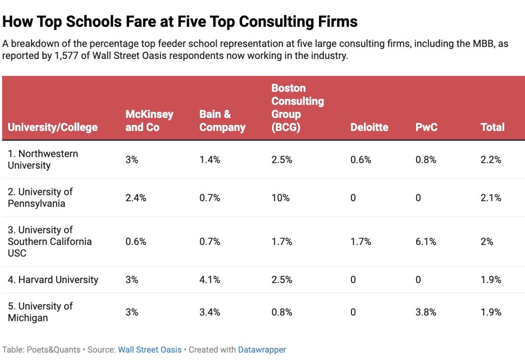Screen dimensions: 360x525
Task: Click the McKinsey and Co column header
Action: click(149, 121)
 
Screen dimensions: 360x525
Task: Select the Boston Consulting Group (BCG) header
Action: click(297, 108)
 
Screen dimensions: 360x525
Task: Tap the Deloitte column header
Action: click(369, 127)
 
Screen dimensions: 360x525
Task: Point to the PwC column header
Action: click(426, 127)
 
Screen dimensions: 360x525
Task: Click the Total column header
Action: click(492, 127)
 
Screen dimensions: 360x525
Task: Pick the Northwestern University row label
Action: click(43, 160)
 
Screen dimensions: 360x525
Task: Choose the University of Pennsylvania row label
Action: click(40, 198)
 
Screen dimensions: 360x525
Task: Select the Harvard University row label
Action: click(53, 280)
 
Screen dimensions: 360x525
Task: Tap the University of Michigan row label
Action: click(40, 312)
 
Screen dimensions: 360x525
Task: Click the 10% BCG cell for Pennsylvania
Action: click(280, 198)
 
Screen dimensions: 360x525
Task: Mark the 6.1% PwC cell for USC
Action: click(426, 242)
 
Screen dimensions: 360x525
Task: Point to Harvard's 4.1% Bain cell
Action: click(210, 280)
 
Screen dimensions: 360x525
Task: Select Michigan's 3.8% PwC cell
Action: click(426, 312)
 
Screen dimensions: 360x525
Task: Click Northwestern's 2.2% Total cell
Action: click(490, 160)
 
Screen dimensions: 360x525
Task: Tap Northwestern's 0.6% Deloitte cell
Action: click(361, 160)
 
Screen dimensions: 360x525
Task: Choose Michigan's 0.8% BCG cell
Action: click(282, 312)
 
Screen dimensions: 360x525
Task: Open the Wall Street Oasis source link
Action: click(150, 350)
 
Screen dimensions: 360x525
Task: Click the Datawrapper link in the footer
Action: click(262, 350)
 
